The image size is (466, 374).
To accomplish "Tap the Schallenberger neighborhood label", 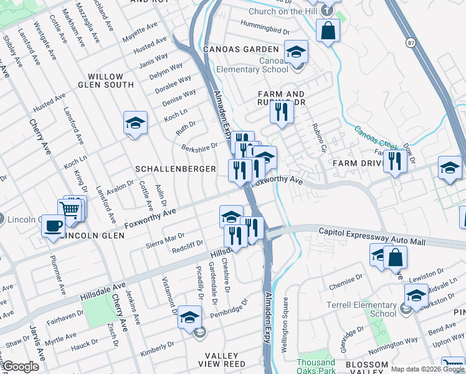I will [176, 169].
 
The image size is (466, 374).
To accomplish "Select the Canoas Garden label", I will [240, 49].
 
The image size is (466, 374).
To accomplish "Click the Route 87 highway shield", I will [410, 42].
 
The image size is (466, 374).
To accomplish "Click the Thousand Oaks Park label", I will [316, 367].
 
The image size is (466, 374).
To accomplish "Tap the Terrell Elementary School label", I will [362, 309].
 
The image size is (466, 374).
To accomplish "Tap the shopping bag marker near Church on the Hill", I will [328, 30].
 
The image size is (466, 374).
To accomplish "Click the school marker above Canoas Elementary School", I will [297, 51].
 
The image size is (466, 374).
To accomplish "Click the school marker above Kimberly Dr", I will [189, 317].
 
